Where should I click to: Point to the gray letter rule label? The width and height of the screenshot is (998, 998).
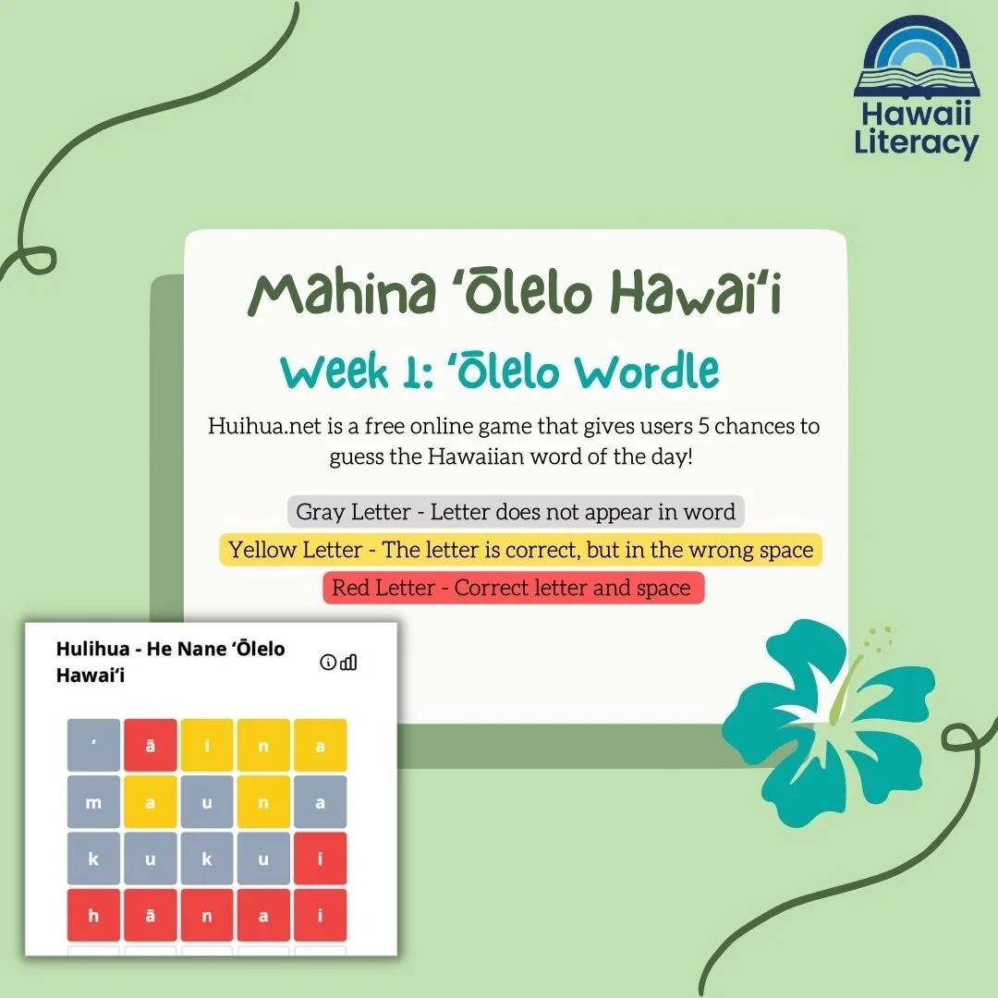click(516, 511)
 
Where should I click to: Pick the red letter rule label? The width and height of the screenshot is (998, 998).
click(512, 588)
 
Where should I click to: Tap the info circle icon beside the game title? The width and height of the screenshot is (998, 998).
click(327, 662)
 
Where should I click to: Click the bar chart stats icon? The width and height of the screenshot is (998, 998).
click(348, 662)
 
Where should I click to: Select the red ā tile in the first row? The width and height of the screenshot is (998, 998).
click(151, 746)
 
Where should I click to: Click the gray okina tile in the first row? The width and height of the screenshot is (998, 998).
click(93, 746)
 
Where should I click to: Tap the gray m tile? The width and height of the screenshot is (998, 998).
click(93, 802)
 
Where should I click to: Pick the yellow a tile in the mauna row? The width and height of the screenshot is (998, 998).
click(151, 802)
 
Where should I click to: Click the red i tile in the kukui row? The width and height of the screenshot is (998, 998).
click(320, 859)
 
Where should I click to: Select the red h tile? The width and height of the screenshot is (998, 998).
click(93, 916)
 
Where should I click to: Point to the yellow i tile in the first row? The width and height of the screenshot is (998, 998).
click(207, 746)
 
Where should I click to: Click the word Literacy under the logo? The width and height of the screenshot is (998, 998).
click(916, 144)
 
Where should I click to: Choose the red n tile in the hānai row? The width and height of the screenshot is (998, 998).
click(207, 916)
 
